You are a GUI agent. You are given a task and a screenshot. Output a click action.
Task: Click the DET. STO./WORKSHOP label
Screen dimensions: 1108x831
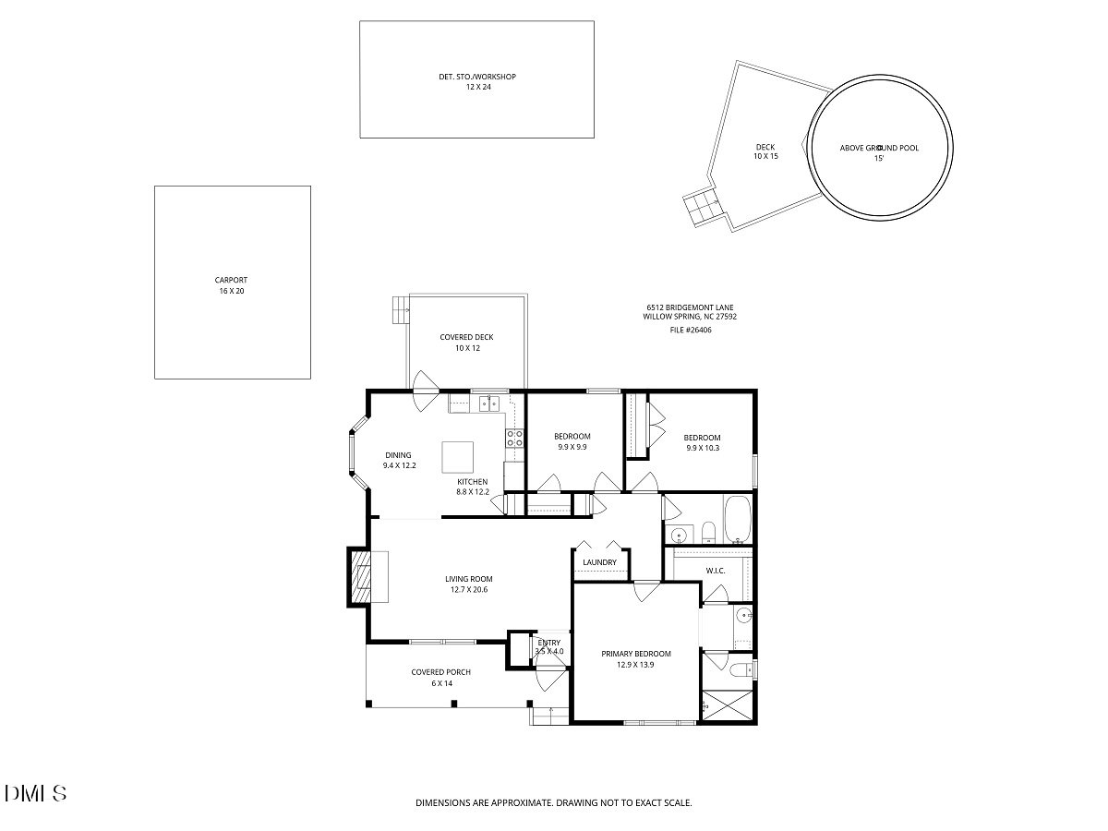(x=477, y=77)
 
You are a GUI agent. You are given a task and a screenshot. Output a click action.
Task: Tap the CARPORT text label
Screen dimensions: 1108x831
(x=231, y=280)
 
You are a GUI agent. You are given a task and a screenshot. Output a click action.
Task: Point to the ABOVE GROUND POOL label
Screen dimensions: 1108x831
(x=879, y=148)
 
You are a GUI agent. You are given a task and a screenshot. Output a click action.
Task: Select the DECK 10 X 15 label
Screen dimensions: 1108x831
(x=765, y=151)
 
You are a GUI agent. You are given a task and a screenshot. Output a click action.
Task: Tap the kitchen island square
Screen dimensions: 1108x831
(x=457, y=457)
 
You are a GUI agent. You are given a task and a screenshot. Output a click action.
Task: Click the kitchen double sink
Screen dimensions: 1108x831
(x=489, y=403)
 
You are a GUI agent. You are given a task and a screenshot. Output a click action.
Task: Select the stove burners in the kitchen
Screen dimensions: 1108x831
(x=514, y=438)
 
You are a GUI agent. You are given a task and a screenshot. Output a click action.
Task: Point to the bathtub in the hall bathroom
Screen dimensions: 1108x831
(x=738, y=520)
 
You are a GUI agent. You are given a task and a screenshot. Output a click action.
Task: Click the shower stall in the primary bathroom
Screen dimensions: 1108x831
(x=728, y=705)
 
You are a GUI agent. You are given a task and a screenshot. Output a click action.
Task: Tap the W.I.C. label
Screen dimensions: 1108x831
(x=716, y=571)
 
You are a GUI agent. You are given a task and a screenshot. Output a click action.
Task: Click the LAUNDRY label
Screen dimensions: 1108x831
(x=599, y=562)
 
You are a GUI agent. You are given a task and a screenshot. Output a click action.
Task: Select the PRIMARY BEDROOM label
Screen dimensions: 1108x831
(x=636, y=654)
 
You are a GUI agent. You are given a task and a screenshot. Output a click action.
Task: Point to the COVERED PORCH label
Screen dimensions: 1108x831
(x=440, y=672)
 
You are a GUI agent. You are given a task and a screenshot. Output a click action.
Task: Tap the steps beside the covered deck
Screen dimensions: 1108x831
(x=401, y=310)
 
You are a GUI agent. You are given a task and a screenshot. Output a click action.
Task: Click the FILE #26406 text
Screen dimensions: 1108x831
(x=691, y=330)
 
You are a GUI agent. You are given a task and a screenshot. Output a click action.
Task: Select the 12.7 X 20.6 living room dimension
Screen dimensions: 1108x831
(x=469, y=589)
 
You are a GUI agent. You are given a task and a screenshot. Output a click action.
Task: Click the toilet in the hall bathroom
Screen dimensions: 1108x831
(x=709, y=534)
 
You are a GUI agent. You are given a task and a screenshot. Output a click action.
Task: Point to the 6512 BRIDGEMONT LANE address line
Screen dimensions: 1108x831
(x=690, y=307)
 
